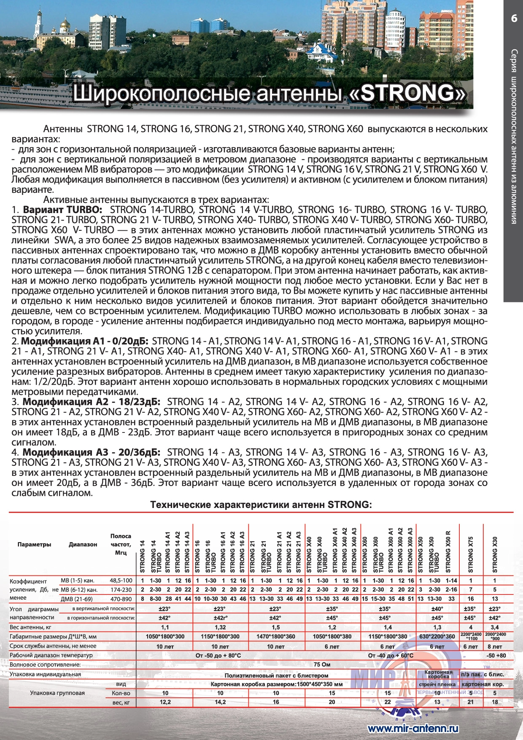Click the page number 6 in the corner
[513, 18]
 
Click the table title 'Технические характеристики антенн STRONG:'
[261, 505]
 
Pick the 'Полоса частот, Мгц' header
[121, 544]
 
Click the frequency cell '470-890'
[121, 599]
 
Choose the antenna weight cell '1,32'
[220, 627]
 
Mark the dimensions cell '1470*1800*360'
[276, 637]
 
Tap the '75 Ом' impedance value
[322, 664]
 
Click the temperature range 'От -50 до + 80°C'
[218, 655]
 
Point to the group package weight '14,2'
[220, 702]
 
